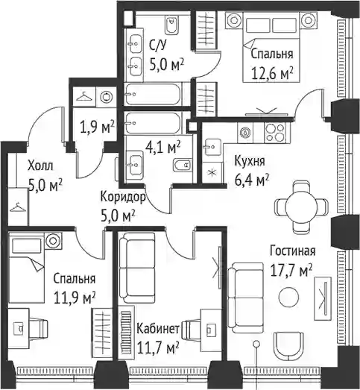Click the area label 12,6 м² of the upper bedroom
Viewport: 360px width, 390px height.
pos(272,73)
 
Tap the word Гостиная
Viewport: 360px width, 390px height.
pos(293,251)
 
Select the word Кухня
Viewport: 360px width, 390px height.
pos(250,161)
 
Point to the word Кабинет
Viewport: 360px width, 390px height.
pos(158,329)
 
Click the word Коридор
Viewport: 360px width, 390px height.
pos(123,198)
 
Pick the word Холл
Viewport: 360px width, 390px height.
pos(40,166)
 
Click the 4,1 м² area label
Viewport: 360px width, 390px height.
pos(162,147)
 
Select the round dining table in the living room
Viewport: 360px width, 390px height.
pos(301,207)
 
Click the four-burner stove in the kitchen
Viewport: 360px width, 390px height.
pos(275,133)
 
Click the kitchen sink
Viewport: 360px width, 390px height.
pos(213,147)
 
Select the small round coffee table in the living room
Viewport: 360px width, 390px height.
pos(288,297)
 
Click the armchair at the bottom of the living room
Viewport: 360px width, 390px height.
pos(288,346)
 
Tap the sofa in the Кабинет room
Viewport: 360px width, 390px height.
pos(136,268)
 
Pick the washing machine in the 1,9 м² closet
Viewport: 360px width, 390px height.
pos(107,96)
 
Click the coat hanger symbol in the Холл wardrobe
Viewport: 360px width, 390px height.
pos(18,207)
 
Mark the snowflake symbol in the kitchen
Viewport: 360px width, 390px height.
pos(212,172)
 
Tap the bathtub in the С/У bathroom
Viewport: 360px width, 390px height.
pos(153,95)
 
